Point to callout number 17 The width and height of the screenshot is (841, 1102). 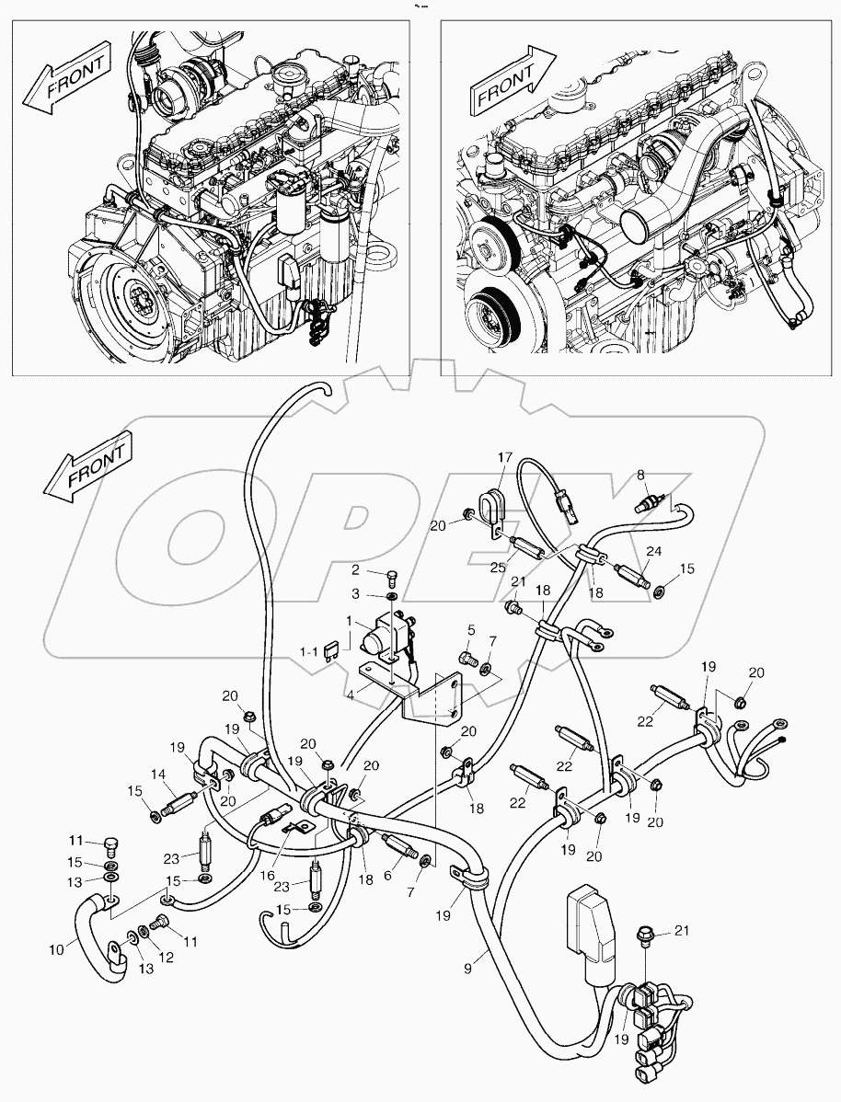click(x=505, y=457)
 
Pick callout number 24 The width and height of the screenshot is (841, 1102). click(x=654, y=552)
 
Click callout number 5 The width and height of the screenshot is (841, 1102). click(x=470, y=630)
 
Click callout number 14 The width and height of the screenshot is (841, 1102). click(x=158, y=775)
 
